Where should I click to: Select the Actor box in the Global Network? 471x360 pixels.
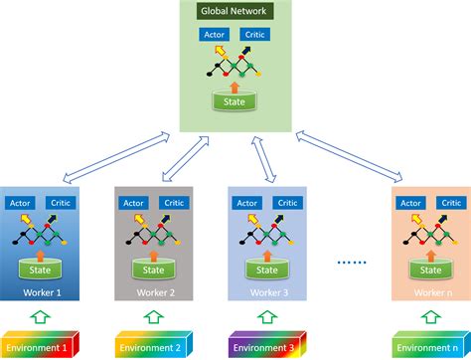[x=214, y=35]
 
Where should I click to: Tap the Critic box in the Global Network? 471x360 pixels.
[x=255, y=35]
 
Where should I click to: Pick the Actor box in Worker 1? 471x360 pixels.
[x=20, y=203]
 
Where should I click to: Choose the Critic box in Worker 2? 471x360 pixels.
[x=174, y=203]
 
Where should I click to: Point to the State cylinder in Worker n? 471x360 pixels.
[x=428, y=270]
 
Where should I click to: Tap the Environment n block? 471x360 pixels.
[x=428, y=348]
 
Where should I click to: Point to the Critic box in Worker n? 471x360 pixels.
[x=450, y=203]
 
